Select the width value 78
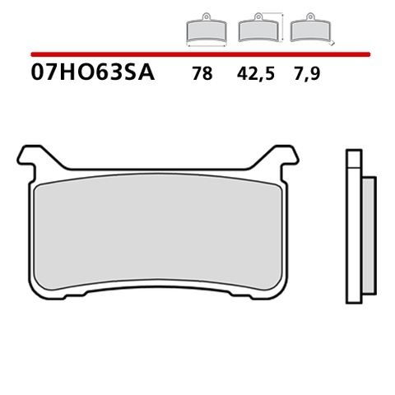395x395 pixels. pyautogui.click(x=201, y=74)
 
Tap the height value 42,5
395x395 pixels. pyautogui.click(x=253, y=74)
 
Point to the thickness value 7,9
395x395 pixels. pyautogui.click(x=308, y=74)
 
